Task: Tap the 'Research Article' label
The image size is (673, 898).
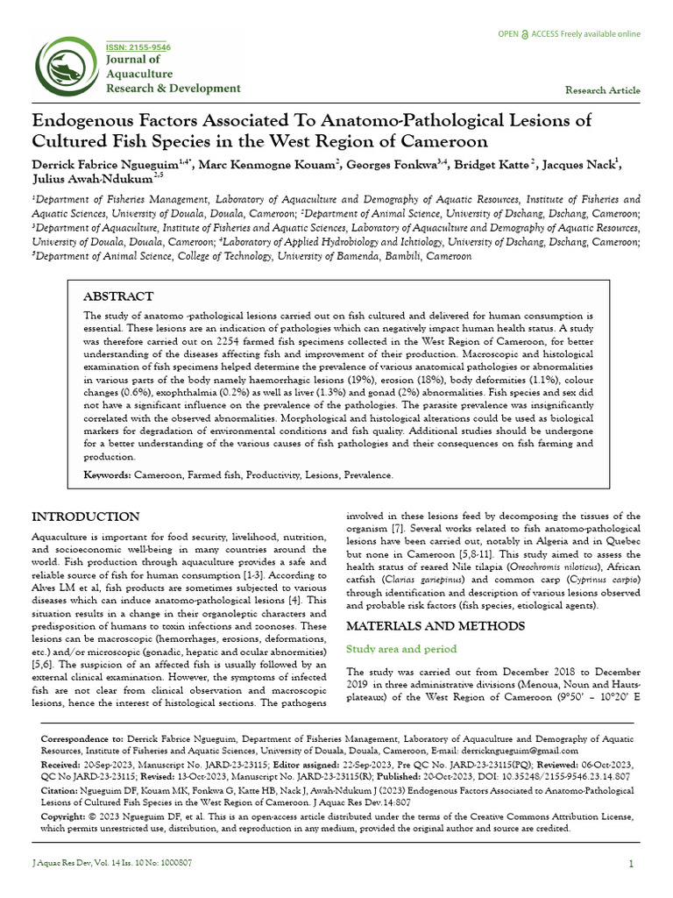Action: [602, 90]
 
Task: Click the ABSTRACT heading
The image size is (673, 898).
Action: [117, 296]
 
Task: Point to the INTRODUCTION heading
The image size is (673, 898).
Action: [85, 516]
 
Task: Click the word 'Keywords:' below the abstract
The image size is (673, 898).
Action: [107, 474]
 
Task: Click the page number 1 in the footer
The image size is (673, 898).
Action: [631, 864]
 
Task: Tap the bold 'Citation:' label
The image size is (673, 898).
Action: [59, 789]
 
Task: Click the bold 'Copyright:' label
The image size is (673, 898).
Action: [64, 816]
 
